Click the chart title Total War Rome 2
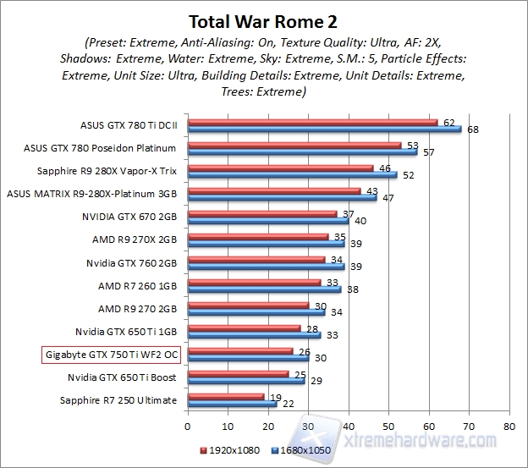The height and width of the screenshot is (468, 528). coord(263,19)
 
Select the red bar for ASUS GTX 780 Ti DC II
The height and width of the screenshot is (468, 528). coord(312,123)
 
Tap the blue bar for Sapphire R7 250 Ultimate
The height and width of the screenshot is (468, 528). coord(232,404)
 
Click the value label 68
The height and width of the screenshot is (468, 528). coord(472,129)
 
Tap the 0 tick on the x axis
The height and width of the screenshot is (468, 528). coord(188,426)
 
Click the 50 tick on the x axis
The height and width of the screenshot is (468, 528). coord(388,426)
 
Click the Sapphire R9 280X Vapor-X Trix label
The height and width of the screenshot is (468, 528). coord(117,169)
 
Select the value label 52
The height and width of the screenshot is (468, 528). coord(408,175)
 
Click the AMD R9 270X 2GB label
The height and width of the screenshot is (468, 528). coord(135,239)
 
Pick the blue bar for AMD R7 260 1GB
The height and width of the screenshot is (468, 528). coord(264,289)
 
